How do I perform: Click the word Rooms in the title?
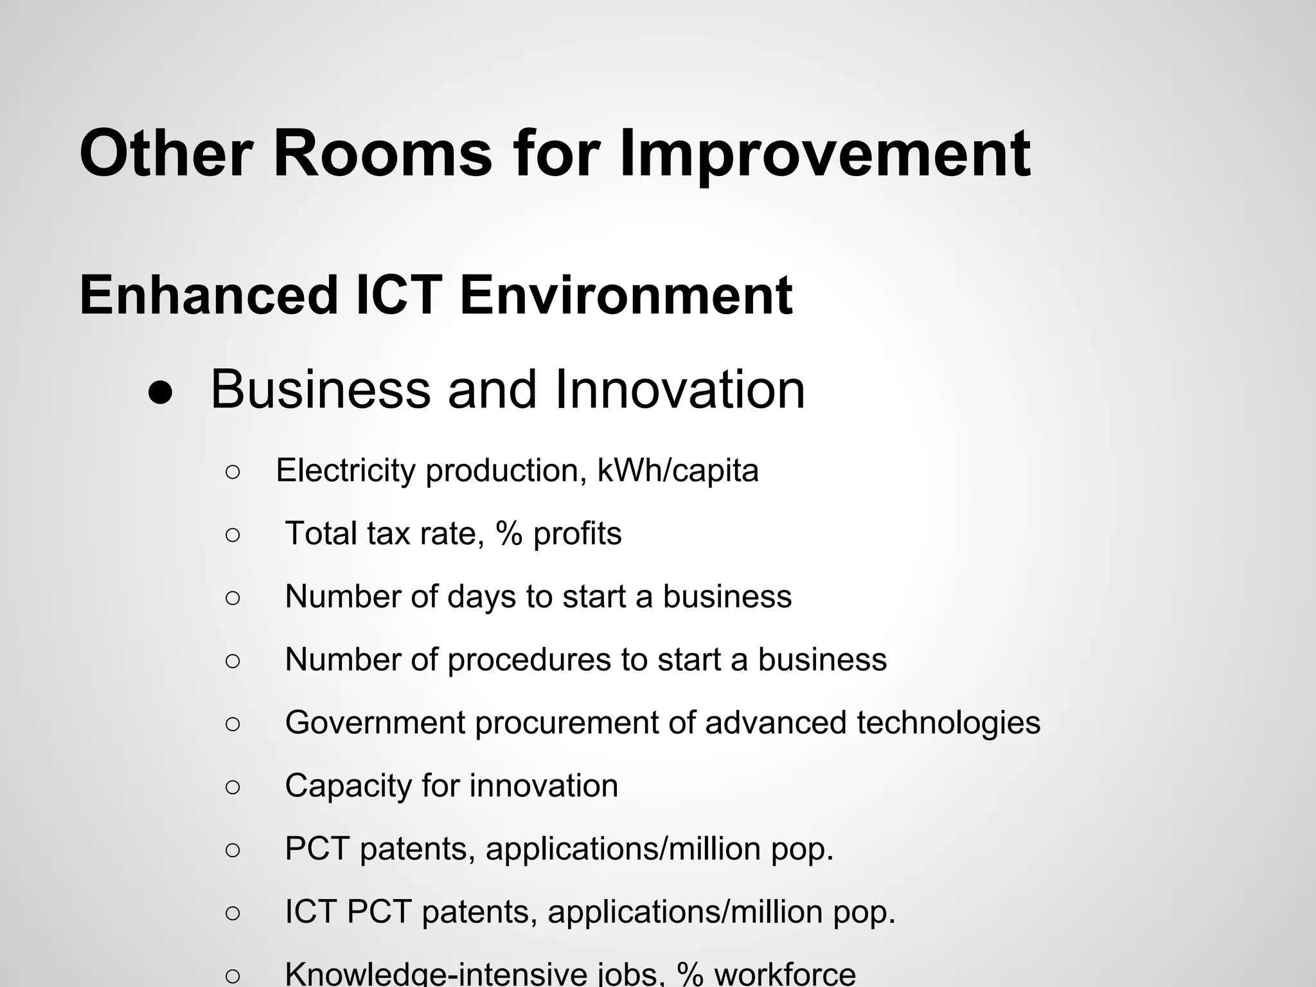382,154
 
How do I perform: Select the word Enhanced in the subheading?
209,296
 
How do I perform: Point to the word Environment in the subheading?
626,296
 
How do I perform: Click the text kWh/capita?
678,470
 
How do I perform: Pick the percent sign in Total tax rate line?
509,534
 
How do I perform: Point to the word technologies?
948,722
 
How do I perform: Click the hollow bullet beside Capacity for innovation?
233,787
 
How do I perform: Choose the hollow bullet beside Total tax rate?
233,535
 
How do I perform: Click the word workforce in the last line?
785,974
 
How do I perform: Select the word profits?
577,534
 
